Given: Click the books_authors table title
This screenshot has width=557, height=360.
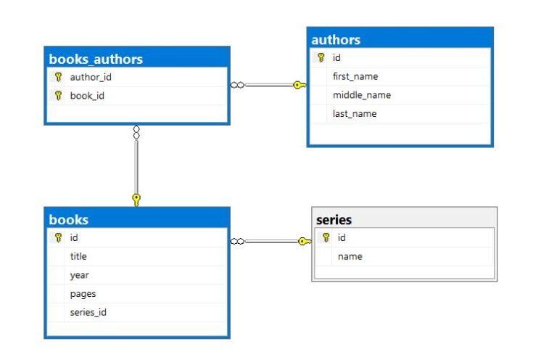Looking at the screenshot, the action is [x=96, y=60].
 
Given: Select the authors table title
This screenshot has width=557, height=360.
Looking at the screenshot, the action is [x=336, y=40].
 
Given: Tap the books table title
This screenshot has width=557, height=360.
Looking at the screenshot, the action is [x=69, y=220].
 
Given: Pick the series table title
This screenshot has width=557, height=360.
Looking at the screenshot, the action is [x=334, y=220].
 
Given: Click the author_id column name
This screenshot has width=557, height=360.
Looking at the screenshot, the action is [x=91, y=77].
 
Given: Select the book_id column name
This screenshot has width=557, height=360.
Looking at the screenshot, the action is [x=87, y=96].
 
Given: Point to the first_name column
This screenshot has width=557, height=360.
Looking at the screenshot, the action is [x=355, y=76].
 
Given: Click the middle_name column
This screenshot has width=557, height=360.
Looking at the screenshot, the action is [x=362, y=95].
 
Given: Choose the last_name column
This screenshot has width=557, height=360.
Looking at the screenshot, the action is [x=355, y=114].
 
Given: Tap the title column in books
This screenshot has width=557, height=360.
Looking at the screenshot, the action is [x=78, y=256].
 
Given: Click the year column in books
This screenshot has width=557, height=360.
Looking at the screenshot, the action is [x=79, y=275].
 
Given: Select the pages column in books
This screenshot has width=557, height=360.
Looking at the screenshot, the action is [x=83, y=294].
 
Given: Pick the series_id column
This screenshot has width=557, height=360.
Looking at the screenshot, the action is [x=88, y=312].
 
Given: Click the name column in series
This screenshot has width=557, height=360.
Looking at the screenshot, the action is [x=350, y=257].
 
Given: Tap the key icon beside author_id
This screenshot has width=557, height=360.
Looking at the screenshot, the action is [x=58, y=77].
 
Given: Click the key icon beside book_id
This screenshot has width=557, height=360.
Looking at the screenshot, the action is [x=58, y=96].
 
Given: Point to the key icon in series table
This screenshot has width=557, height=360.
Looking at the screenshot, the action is [x=326, y=237].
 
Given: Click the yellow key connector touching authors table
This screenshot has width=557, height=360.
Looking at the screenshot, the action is [x=300, y=86].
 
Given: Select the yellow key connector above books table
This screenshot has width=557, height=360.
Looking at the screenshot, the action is [x=136, y=200].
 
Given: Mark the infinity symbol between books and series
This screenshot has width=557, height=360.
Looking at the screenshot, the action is [x=237, y=242].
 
